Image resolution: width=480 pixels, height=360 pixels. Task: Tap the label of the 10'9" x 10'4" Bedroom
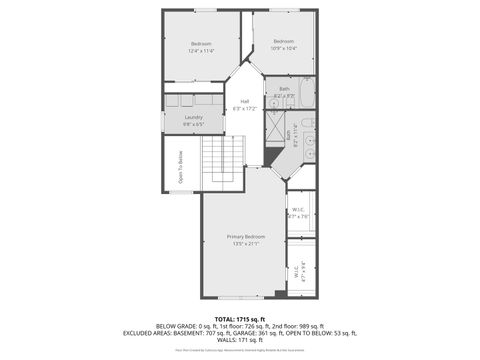click(284, 42)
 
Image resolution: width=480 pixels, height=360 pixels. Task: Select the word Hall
click(244, 101)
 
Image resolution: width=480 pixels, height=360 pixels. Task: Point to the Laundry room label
click(194, 117)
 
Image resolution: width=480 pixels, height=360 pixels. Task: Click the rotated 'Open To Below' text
click(181, 167)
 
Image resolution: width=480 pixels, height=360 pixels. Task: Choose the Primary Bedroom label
click(245, 236)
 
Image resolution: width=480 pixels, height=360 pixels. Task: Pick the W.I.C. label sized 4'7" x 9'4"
click(298, 268)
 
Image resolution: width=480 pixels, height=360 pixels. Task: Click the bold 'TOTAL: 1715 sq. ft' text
click(239, 318)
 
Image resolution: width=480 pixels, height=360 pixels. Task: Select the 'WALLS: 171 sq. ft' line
click(239, 339)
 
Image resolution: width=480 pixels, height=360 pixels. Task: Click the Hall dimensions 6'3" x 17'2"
click(244, 108)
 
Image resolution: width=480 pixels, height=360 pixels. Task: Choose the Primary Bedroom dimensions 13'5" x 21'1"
click(245, 243)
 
